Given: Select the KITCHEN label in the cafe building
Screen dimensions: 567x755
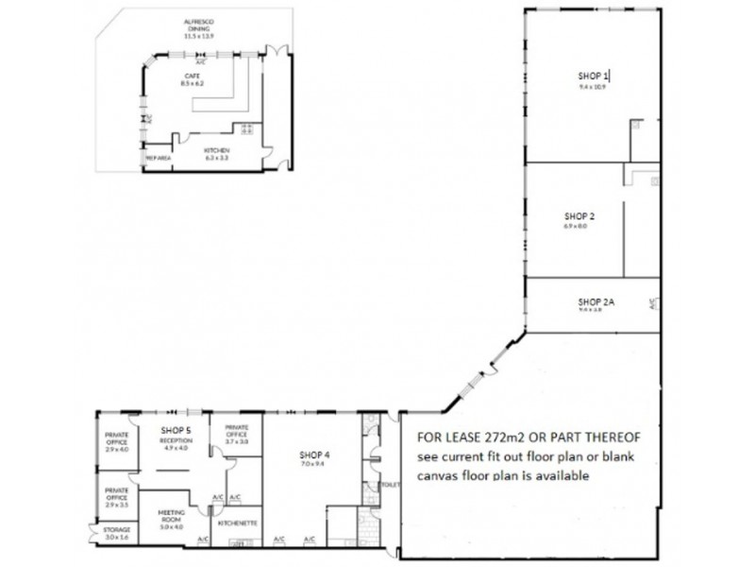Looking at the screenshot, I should (218, 152).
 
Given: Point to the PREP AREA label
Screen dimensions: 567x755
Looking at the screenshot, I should (158, 159).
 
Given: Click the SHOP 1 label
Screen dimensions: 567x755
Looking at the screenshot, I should (595, 75).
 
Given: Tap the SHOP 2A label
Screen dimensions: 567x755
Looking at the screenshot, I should (596, 301).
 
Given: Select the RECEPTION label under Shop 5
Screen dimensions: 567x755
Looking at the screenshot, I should (176, 440).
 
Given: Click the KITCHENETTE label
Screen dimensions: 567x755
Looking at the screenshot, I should (236, 522).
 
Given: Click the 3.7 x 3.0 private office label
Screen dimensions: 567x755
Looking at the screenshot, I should (236, 441).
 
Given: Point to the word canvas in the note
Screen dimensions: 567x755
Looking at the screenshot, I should (445, 477).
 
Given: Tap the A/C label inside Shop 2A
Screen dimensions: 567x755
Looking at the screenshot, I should (651, 304).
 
